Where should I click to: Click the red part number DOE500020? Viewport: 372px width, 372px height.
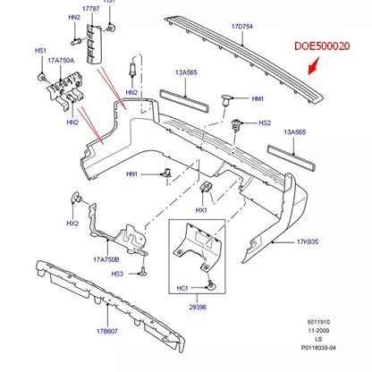click(322, 46)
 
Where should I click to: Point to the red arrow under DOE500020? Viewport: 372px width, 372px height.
click(314, 66)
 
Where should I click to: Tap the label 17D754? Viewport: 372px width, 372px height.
click(242, 27)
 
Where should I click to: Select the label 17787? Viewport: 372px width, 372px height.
click(91, 9)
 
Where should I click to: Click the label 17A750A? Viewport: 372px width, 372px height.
click(61, 61)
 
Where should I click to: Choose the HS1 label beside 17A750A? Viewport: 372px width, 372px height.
click(41, 51)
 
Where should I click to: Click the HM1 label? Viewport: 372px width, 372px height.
click(258, 98)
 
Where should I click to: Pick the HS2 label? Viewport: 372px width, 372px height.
click(265, 123)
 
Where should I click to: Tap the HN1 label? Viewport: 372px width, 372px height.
click(132, 174)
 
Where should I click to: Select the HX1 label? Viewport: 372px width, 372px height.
click(201, 210)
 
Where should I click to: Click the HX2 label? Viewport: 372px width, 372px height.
click(72, 224)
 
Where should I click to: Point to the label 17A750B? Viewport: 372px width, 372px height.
click(106, 259)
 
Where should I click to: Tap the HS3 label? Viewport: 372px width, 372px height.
click(117, 274)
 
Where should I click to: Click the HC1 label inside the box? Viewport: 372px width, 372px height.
click(182, 288)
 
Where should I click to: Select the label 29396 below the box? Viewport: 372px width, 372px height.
click(198, 307)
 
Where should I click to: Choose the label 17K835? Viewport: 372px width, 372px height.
click(308, 241)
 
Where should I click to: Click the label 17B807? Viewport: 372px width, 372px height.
click(107, 331)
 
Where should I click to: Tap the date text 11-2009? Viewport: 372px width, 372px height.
click(318, 331)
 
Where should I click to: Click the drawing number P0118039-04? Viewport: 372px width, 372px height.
click(318, 348)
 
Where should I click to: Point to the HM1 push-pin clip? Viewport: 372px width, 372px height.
click(226, 100)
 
